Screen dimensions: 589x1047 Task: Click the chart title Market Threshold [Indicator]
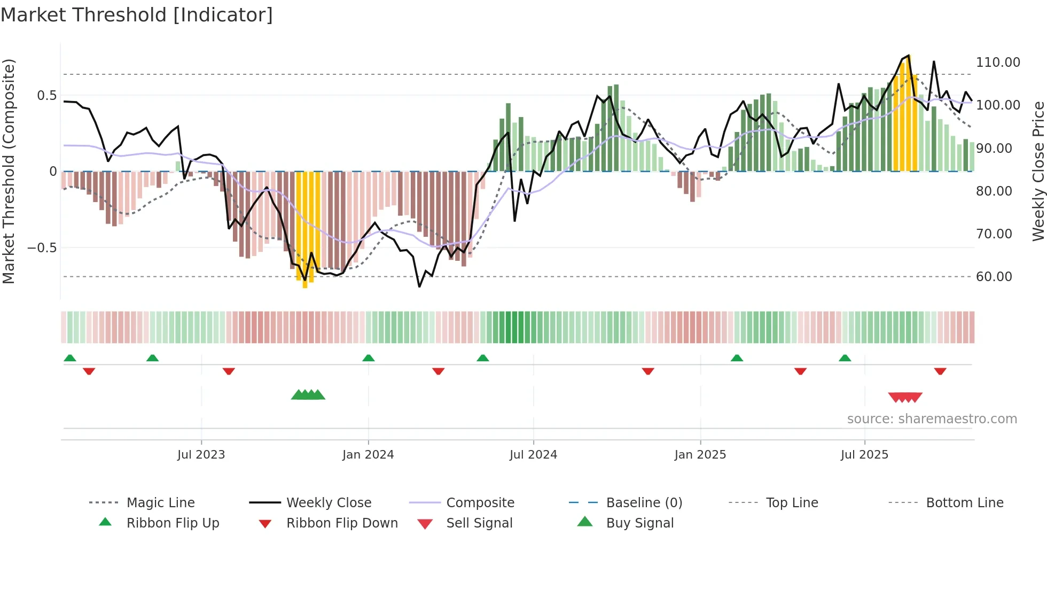pos(137,15)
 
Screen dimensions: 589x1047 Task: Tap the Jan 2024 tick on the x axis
pos(368,455)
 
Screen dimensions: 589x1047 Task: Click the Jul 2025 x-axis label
pos(864,455)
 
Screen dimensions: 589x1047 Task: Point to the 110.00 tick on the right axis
pos(998,63)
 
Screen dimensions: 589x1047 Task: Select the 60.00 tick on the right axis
pos(994,277)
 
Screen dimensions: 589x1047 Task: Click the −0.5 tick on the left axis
pos(42,248)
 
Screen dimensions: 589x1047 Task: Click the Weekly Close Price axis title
pos(1038,171)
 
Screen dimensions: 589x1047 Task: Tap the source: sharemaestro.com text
pos(932,419)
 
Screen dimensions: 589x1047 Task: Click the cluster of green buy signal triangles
pos(308,395)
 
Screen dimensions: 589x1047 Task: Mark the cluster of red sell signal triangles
pos(905,397)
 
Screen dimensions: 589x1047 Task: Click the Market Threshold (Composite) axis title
pos(9,171)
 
